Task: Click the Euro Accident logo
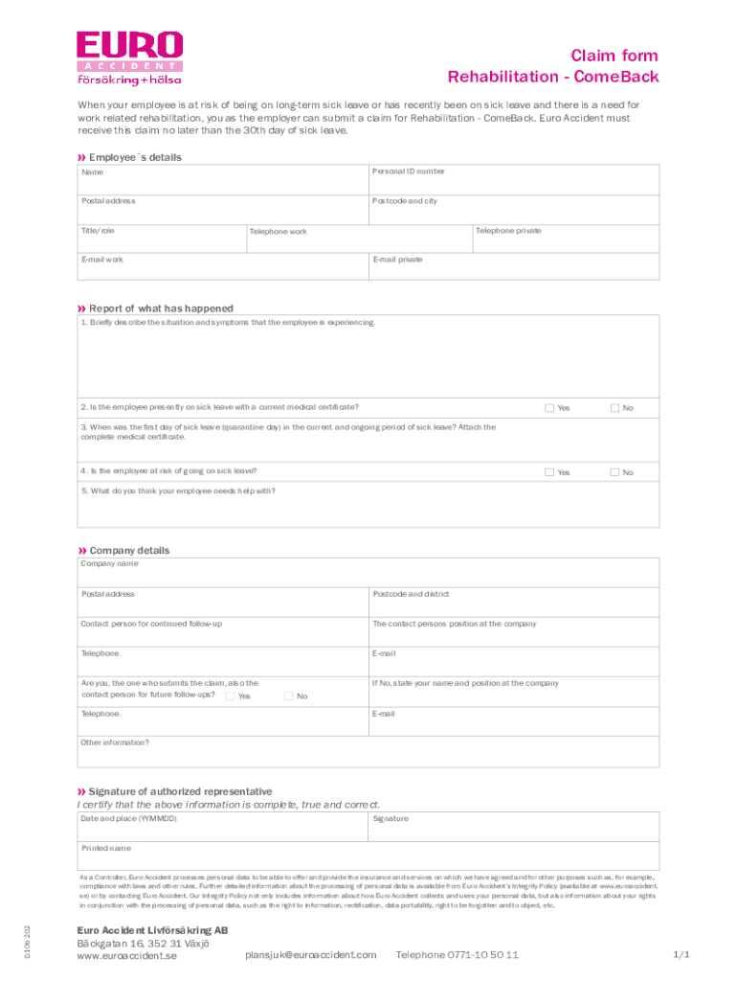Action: point(129,57)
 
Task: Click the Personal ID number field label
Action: point(409,171)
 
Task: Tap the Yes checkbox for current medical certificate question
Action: point(549,408)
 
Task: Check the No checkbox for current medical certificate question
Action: point(615,408)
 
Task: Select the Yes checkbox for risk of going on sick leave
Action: point(549,472)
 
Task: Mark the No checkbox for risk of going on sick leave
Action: point(615,472)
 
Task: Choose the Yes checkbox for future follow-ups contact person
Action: point(230,696)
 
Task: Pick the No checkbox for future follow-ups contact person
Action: point(288,696)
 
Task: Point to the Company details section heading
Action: point(128,551)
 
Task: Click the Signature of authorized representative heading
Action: point(180,791)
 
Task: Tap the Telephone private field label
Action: point(508,231)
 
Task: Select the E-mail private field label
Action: point(397,260)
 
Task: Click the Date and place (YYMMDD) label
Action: point(129,819)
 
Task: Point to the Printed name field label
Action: point(106,849)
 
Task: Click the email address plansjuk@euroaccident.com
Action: point(311,955)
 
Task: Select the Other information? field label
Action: point(115,742)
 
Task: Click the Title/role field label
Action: point(98,231)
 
